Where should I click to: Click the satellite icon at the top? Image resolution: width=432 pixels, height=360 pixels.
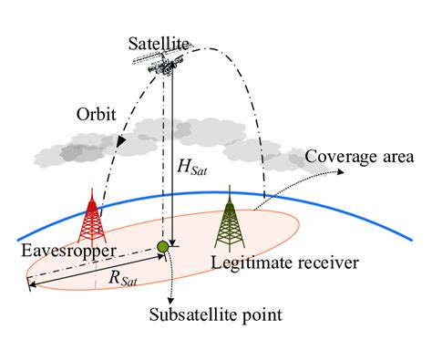(165, 61)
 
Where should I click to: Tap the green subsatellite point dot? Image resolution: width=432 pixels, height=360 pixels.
(163, 247)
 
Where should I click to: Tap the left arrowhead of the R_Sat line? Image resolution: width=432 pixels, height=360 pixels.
(31, 288)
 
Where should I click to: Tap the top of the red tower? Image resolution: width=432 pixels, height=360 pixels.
(93, 190)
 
